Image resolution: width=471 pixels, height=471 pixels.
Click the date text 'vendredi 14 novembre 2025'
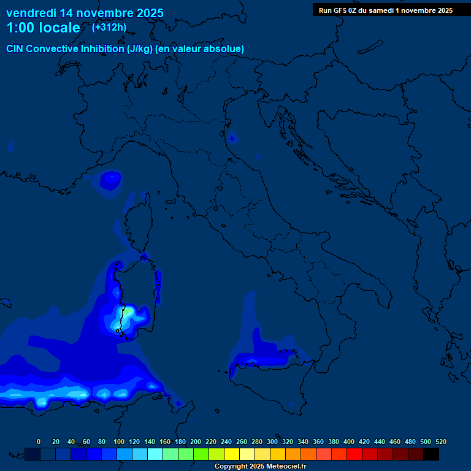click(85, 13)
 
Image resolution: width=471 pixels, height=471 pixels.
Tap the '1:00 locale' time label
click(43, 28)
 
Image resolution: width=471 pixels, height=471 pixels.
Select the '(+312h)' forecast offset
click(109, 27)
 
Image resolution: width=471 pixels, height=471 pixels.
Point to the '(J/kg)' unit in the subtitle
click(140, 48)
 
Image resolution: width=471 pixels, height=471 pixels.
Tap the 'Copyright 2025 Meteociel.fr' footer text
click(261, 466)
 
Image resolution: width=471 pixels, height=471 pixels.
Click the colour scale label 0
click(39, 442)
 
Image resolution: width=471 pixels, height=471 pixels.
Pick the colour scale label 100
click(118, 442)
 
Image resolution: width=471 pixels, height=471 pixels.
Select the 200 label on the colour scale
click(195, 442)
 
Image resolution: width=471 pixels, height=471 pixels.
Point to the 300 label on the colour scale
click(272, 442)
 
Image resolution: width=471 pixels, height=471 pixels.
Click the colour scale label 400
click(349, 442)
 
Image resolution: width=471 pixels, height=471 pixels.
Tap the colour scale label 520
click(440, 442)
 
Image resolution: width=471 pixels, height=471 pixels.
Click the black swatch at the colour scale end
click(431, 454)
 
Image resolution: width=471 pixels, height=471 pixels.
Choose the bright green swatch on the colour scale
click(201, 454)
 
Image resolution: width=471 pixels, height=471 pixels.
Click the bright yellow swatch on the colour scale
click(232, 454)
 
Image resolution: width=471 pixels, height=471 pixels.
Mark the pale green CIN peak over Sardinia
click(127, 312)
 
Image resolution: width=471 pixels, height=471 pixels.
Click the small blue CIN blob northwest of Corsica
click(111, 180)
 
